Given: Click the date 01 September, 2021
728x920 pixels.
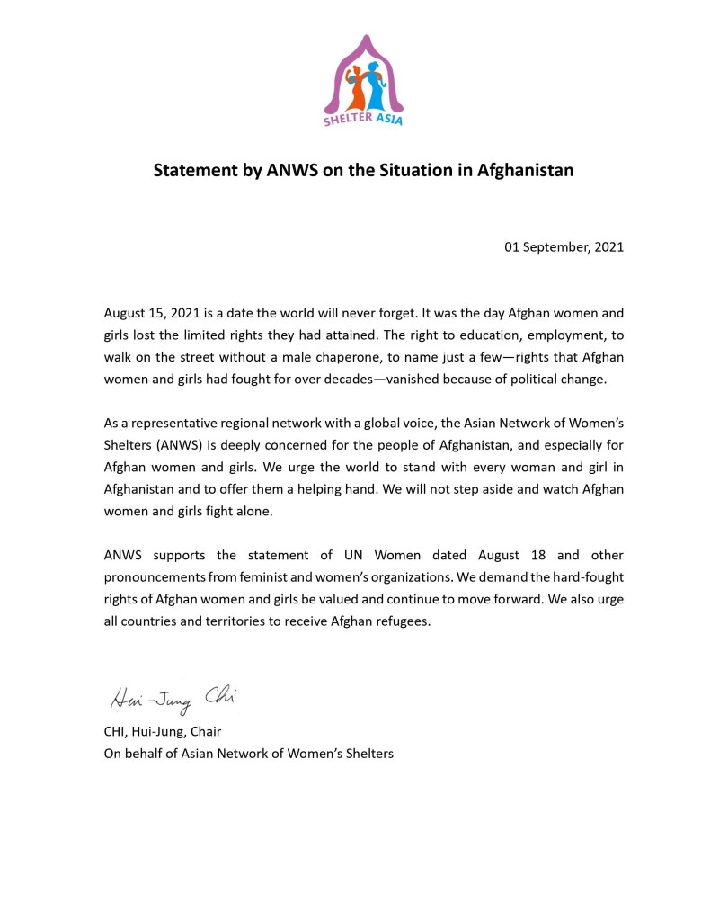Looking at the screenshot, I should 564,246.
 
